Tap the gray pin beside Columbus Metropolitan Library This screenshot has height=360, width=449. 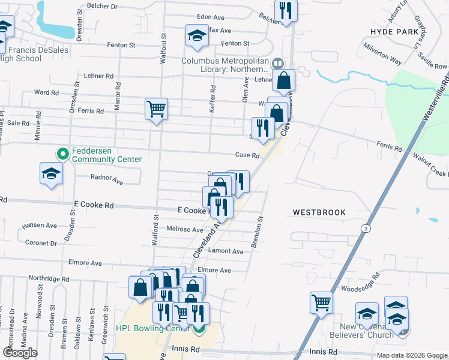(x=277, y=62)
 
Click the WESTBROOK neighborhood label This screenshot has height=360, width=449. (x=319, y=212)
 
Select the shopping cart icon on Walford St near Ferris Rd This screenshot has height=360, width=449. (x=156, y=109)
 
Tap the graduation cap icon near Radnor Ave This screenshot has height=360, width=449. (x=52, y=173)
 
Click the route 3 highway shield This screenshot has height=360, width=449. (x=364, y=229)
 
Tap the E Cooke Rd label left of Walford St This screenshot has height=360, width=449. (x=91, y=205)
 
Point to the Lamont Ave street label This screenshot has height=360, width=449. (x=226, y=251)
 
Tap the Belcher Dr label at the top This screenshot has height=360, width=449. (x=102, y=6)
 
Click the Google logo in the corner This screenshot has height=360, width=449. (x=20, y=353)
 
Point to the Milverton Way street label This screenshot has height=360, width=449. (x=382, y=58)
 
